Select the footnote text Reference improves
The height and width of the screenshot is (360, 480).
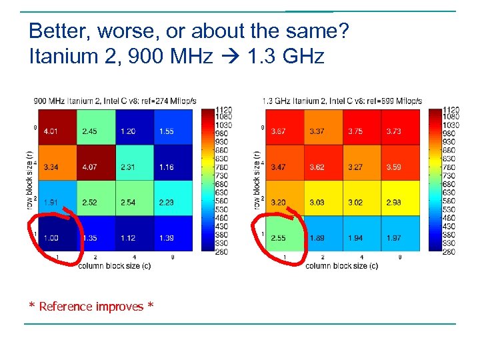(91, 307)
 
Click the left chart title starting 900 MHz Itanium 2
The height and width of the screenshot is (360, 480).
(115, 101)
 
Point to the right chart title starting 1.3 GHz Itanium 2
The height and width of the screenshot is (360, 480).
(342, 101)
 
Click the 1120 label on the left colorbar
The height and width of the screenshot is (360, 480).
(223, 110)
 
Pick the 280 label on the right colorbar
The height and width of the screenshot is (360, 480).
(451, 251)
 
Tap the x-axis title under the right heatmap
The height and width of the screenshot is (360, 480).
(342, 266)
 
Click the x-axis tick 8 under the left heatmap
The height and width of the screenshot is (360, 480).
(173, 257)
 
